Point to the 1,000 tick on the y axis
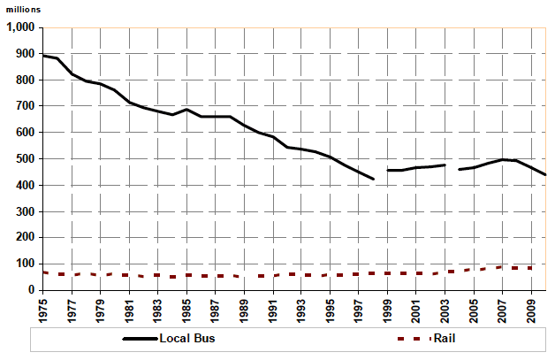coord(19,27)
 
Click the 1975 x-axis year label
coord(43,308)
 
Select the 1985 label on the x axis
coord(187,308)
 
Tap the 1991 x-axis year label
coord(273,308)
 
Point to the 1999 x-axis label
coord(388,308)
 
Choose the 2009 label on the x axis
coord(531,308)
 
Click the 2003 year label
coord(445,308)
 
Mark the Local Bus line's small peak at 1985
coord(186,110)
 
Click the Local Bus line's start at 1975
coord(43,56)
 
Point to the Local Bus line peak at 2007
coord(503,160)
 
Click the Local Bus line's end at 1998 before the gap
coord(373,179)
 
